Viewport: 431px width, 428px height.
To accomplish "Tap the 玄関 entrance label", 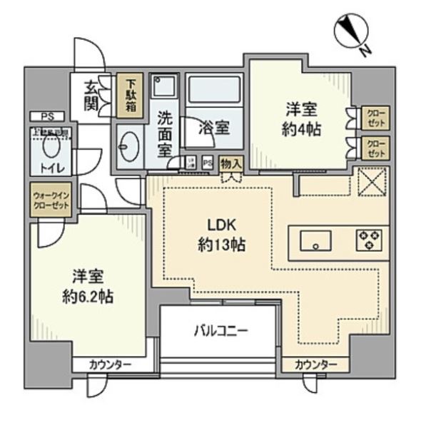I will point(92,96).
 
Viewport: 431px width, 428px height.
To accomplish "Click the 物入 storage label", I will point(230,163).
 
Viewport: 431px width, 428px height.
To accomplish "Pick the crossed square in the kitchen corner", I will point(371,181).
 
